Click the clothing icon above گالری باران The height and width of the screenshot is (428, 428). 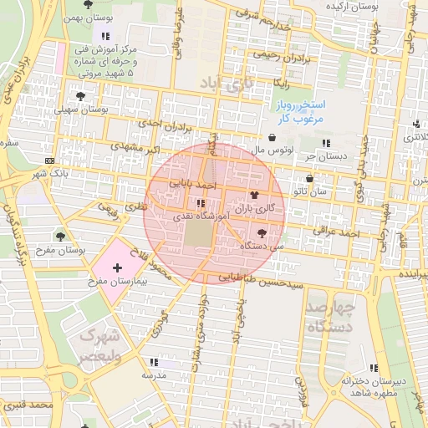(x=254, y=194)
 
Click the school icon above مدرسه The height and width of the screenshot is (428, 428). (x=154, y=362)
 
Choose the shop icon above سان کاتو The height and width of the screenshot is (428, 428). (x=310, y=179)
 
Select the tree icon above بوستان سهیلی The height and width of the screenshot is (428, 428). (x=81, y=96)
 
